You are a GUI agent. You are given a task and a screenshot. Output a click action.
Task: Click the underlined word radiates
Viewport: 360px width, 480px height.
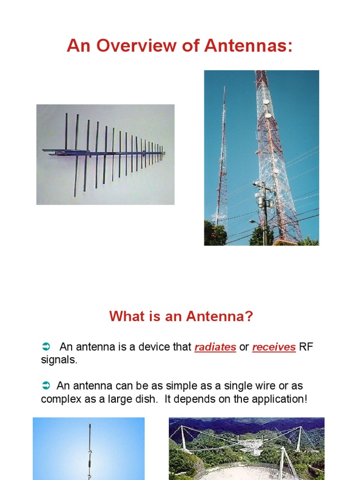tap(215, 347)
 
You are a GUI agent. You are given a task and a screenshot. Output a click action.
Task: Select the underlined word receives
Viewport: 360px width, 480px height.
tap(274, 347)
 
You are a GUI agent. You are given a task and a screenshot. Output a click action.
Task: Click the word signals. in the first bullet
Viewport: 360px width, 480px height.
tap(59, 360)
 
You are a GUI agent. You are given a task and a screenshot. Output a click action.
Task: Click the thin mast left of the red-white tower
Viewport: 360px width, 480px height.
tap(222, 159)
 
